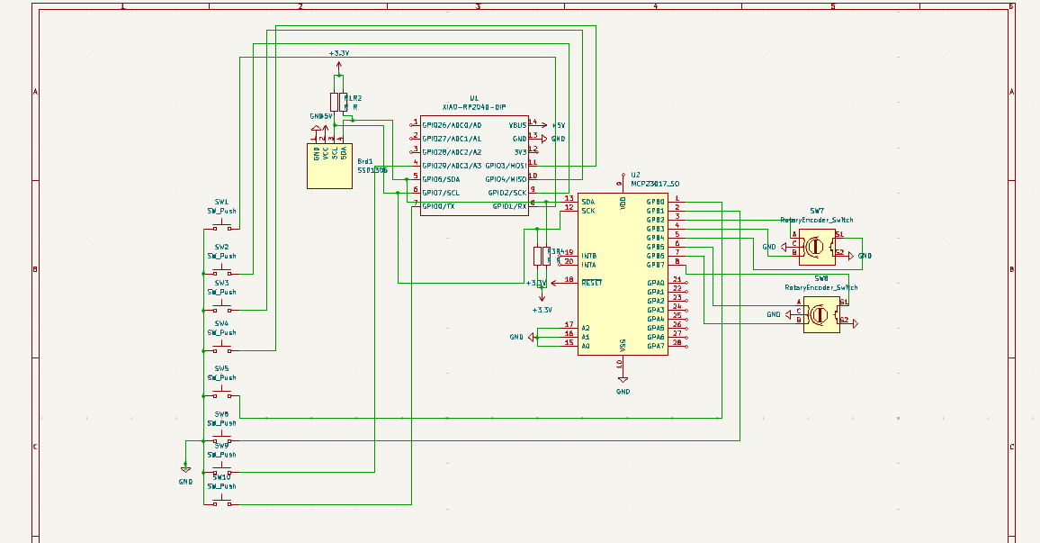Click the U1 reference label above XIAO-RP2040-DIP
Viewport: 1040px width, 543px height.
[x=474, y=98]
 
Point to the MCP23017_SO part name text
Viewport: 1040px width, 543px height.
[x=655, y=183]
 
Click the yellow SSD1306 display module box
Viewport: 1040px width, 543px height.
[x=329, y=166]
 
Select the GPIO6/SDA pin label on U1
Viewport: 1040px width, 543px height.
[x=441, y=179]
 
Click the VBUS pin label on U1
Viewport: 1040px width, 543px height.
[x=517, y=125]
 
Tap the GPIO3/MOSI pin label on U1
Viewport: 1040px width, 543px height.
[x=506, y=166]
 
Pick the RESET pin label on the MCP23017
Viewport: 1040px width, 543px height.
[x=591, y=283]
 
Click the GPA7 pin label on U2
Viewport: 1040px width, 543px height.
[x=655, y=346]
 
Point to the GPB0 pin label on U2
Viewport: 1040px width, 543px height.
[x=655, y=202]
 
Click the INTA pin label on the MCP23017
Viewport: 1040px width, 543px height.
[x=588, y=265]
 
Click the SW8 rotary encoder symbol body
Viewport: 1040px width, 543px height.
[x=820, y=315]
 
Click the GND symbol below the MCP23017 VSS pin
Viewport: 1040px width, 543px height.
[x=623, y=379]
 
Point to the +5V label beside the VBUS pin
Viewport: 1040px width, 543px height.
[x=558, y=125]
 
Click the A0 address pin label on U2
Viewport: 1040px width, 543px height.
[x=586, y=346]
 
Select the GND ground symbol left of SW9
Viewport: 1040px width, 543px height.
[x=185, y=469]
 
